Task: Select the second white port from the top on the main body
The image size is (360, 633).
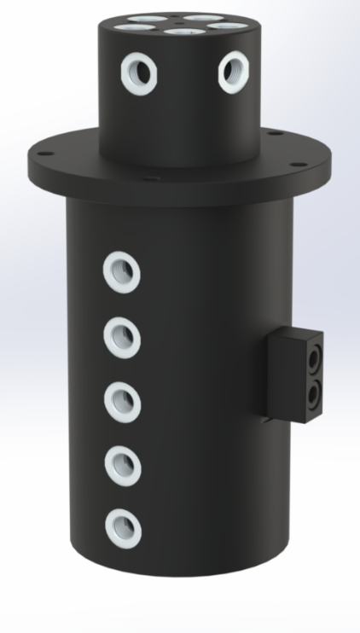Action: [122, 336]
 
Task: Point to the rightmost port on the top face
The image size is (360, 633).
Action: [224, 26]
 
